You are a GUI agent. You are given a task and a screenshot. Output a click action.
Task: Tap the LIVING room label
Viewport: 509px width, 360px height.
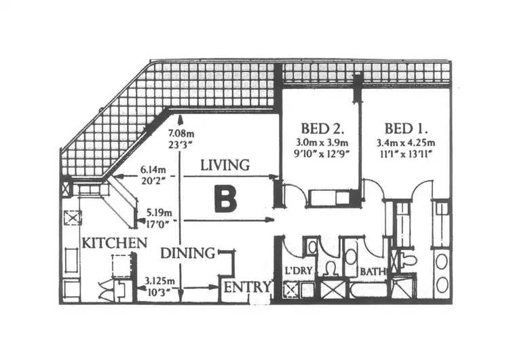225,164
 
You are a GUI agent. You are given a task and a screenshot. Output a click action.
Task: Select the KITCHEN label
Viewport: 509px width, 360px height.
114,242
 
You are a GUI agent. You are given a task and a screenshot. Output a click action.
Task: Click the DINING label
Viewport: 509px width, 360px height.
188,253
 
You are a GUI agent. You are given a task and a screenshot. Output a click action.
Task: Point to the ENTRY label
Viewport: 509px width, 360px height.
248,287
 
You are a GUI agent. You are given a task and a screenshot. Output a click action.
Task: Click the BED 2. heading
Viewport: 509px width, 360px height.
321,128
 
